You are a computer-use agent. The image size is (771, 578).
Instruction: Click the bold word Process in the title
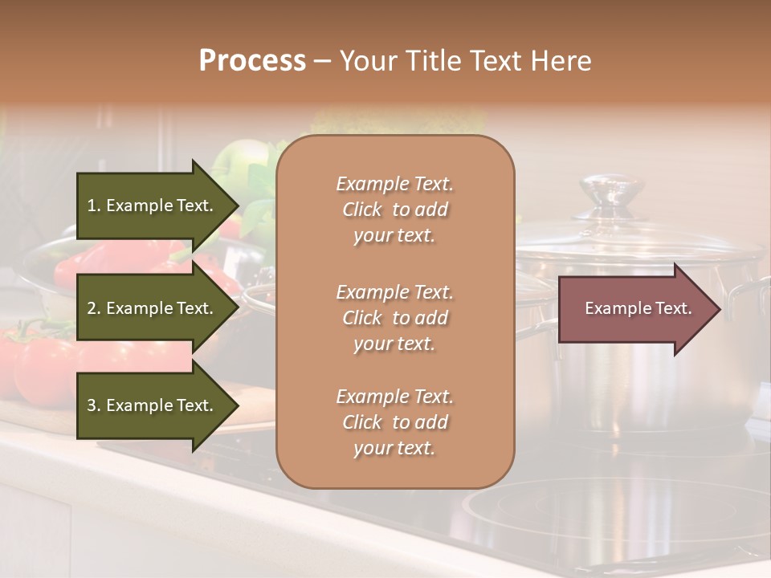[x=252, y=61]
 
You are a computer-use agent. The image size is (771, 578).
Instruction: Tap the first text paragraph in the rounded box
[x=394, y=210]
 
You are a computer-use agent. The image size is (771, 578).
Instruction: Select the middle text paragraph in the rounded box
[x=394, y=318]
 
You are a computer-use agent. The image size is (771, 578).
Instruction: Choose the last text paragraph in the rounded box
[x=394, y=422]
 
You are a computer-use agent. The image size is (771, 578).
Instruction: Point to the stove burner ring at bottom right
[x=610, y=514]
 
